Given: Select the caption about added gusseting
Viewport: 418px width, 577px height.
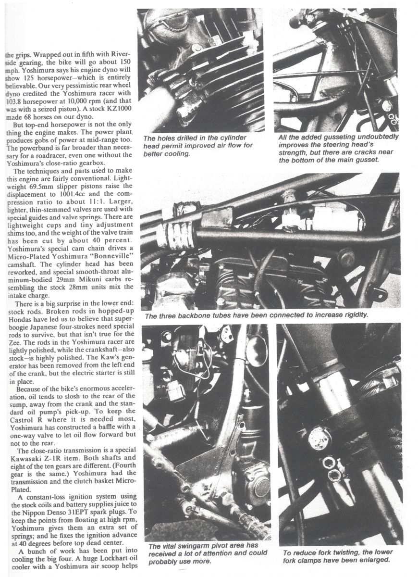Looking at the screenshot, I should coord(338,148).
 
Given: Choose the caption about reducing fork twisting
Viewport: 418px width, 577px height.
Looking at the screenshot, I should coord(338,556).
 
